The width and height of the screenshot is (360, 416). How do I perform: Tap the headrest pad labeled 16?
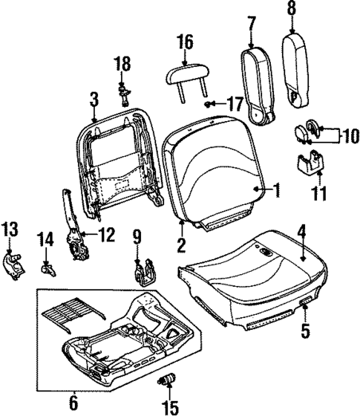(x=186, y=73)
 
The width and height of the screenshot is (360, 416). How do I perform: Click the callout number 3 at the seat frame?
(x=94, y=99)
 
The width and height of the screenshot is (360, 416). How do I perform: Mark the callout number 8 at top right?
(x=291, y=10)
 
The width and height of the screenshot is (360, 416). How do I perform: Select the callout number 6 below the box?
(x=73, y=403)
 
